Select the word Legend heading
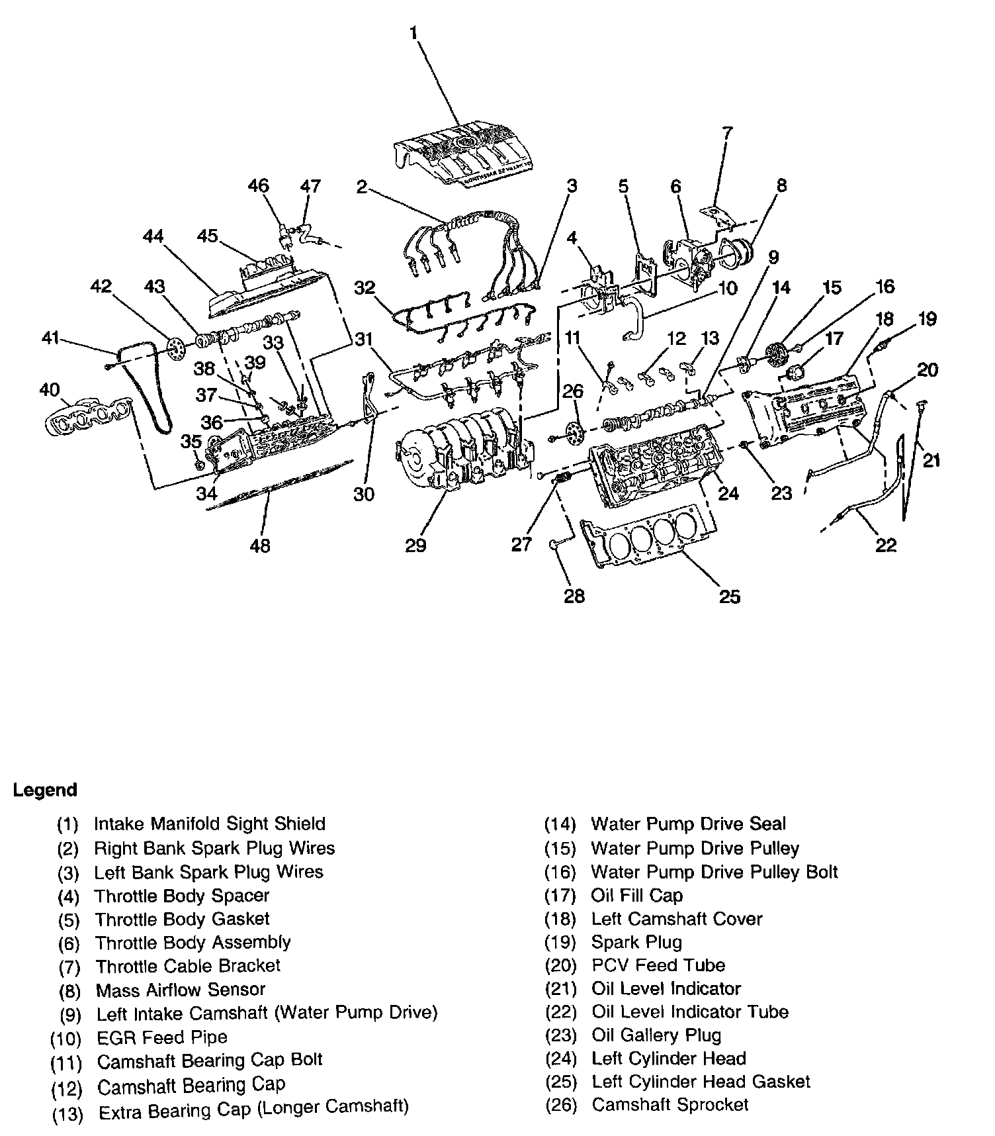[45, 790]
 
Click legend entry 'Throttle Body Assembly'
[193, 942]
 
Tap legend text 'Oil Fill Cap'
[636, 896]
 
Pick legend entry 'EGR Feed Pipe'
[161, 1037]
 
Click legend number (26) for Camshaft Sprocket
[560, 1105]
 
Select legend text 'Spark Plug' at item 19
[636, 942]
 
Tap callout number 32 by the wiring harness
[365, 287]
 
